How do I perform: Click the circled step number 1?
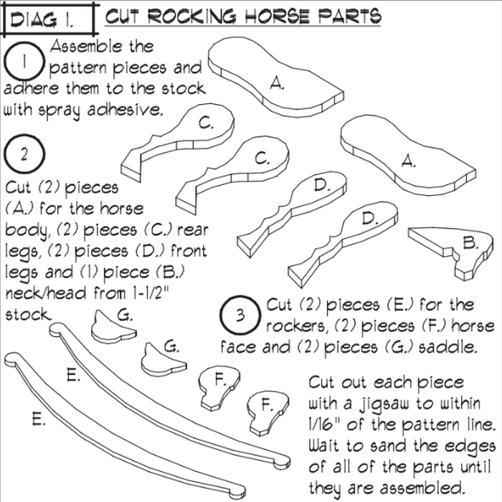(x=26, y=62)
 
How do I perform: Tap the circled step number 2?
(x=24, y=154)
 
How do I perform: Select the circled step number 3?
(x=241, y=315)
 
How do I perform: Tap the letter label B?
(x=470, y=244)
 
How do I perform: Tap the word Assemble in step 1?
(x=101, y=47)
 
